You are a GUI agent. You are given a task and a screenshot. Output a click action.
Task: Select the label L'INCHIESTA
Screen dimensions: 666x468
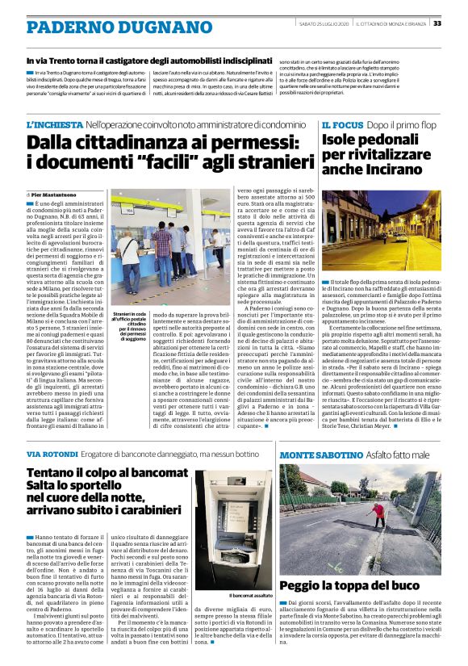click(54, 126)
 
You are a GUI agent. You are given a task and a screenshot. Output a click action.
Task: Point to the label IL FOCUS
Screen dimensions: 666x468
click(341, 126)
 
